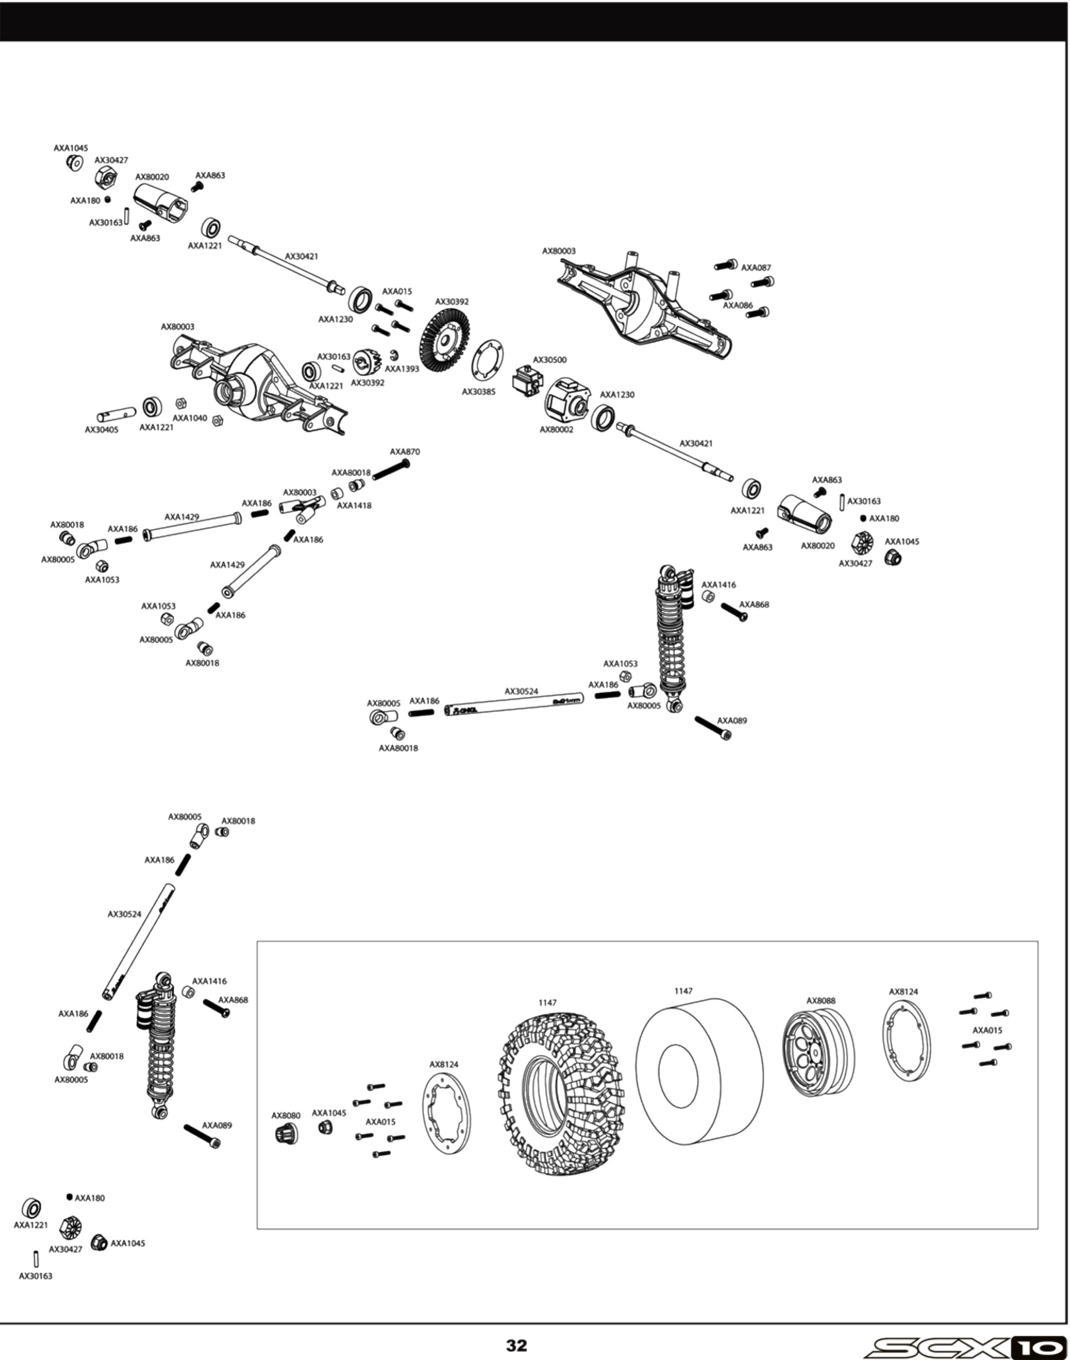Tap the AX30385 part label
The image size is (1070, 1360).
coord(479,392)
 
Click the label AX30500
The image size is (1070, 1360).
coord(549,360)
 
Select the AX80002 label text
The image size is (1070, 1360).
coord(556,430)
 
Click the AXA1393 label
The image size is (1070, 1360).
coord(402,369)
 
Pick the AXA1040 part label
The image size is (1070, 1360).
coord(190,418)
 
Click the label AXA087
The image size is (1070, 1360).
coord(756,268)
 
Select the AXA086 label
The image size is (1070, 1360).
coord(738,305)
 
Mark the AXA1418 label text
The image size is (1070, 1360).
coord(354,506)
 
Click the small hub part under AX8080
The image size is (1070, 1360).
coord(285,1133)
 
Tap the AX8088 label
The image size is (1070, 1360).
coord(821,1001)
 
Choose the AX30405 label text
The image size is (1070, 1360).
coord(101,430)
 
